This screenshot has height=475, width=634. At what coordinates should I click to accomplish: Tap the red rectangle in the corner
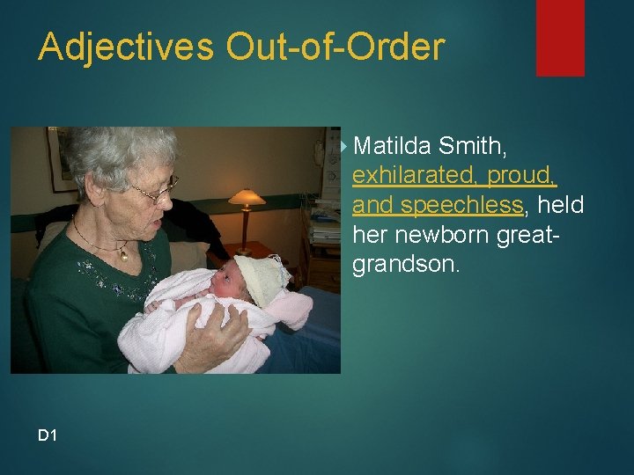tap(560, 37)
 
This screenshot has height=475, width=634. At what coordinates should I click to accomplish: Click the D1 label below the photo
tap(48, 434)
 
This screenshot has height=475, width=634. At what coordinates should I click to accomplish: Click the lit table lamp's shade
tap(247, 197)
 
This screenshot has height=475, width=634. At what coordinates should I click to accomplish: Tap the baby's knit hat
tap(261, 276)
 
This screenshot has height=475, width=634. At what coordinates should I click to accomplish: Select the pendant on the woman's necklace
tap(125, 255)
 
